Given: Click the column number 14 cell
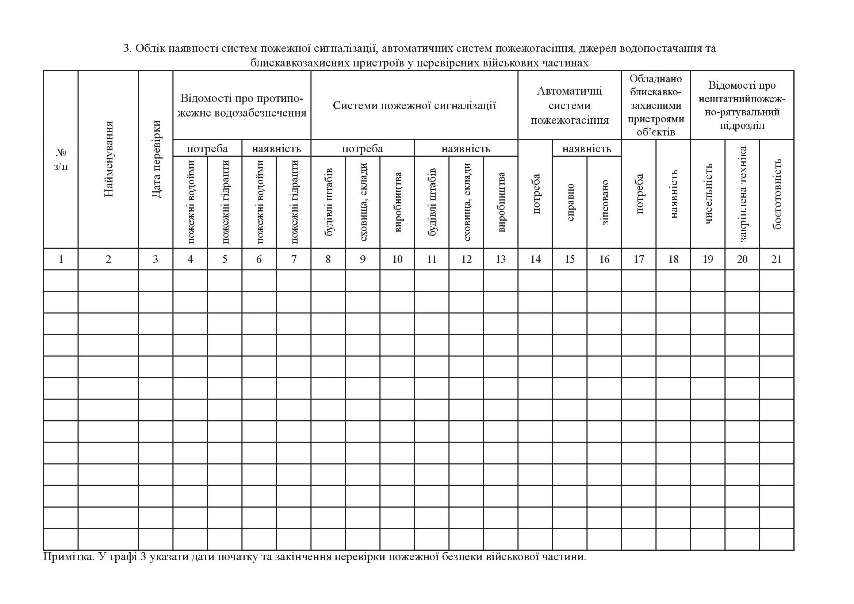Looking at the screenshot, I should (x=535, y=259).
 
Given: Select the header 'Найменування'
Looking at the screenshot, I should (x=108, y=159).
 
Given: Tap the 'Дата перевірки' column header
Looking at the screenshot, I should (x=156, y=159).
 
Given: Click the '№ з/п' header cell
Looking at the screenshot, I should (x=61, y=159).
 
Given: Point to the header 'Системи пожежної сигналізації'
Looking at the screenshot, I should (x=414, y=105).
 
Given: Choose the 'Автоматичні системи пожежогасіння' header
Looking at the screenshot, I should (x=570, y=105).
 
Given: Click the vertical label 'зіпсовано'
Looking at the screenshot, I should (x=604, y=202).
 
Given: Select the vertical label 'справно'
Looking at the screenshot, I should (x=570, y=202).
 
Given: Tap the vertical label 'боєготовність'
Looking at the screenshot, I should (x=777, y=194).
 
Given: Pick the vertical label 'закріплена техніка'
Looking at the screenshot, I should (x=742, y=194).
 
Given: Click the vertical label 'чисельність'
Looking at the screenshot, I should (x=708, y=194).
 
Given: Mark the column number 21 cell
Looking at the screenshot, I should (x=777, y=259).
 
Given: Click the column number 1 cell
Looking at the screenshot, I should (x=61, y=259).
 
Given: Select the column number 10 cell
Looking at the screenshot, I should (x=397, y=259).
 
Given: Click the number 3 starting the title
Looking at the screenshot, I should (x=126, y=49).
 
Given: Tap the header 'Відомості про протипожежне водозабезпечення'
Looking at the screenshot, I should (x=242, y=105).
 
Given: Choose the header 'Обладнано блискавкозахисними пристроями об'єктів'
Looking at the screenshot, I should (x=656, y=105).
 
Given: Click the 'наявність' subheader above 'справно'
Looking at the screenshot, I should (x=587, y=149).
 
